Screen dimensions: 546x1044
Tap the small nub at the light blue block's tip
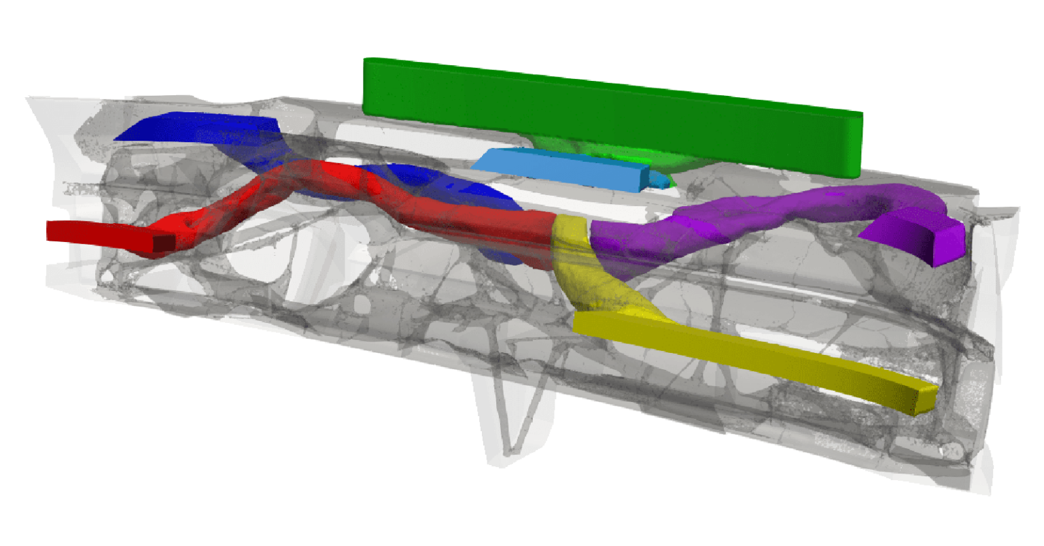coord(658,180)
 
